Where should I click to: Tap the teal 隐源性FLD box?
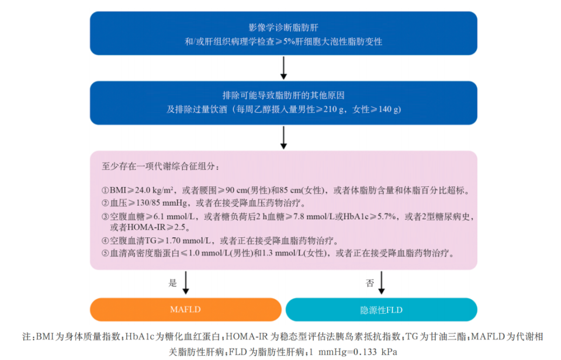pos(381,310)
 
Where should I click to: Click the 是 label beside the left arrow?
pos(172,283)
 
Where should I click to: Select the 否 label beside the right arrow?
pos(370,283)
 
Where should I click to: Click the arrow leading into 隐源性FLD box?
pos(382,283)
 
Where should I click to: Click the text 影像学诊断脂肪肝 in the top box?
pos(283,27)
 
